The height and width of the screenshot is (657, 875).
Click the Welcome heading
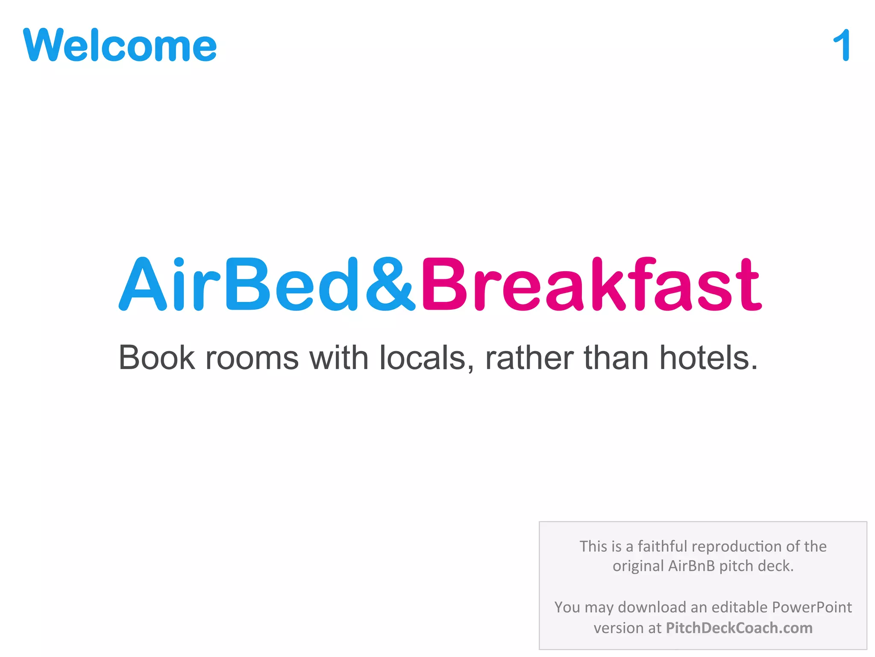(x=120, y=45)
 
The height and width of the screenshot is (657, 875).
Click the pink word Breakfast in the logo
(x=591, y=284)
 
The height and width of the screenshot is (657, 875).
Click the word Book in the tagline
(x=157, y=358)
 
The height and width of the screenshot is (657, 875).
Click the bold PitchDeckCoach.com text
(x=739, y=628)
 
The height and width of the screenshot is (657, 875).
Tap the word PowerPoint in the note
(x=812, y=607)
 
